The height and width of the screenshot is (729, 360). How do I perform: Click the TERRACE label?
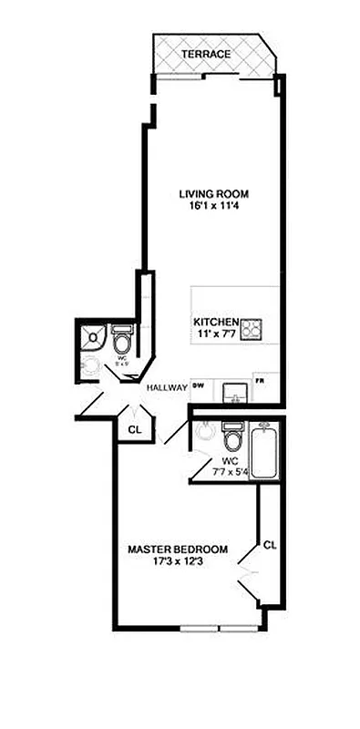coord(205,55)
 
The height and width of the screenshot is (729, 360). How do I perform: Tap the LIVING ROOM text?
coord(213,194)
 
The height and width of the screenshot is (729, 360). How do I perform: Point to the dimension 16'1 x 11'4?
coord(213,207)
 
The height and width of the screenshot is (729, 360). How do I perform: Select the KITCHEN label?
coord(215,323)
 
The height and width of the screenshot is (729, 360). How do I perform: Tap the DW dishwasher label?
coord(196,385)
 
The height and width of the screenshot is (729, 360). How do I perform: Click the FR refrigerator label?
coord(260,381)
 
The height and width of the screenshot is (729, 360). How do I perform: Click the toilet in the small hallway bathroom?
coord(122,343)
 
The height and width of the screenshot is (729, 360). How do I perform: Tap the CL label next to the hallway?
coord(134,428)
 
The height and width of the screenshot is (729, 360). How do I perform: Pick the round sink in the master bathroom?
coord(202,432)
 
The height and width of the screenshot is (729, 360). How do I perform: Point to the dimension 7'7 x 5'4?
coord(231,471)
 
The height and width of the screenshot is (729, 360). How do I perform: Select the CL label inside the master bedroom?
coord(269,545)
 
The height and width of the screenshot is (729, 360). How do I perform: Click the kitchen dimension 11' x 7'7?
coord(215,334)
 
